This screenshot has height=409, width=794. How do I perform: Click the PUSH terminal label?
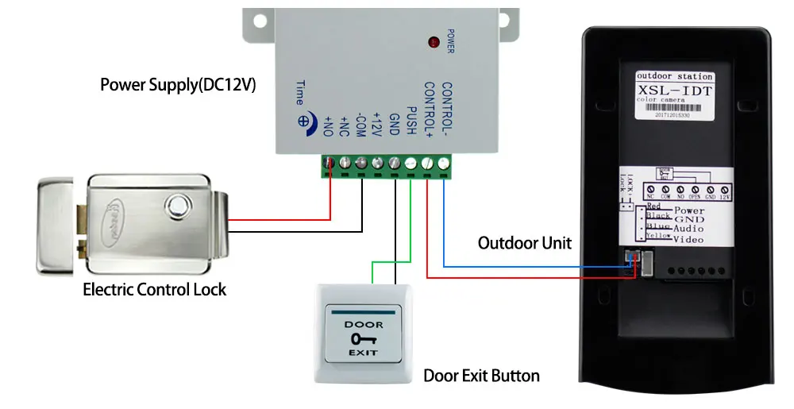[411, 119]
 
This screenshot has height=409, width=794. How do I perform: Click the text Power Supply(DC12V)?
[178, 84]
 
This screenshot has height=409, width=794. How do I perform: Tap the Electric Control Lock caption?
[154, 289]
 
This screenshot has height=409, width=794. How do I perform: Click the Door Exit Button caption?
[481, 376]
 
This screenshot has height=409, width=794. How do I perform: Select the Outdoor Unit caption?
[524, 242]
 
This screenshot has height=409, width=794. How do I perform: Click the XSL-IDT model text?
[675, 91]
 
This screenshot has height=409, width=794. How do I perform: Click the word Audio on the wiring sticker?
[688, 228]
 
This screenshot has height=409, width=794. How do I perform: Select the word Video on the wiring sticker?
[688, 239]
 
